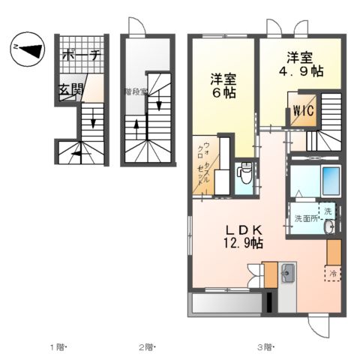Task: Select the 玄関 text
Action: pos(71,91)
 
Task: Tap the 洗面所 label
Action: pos(306,219)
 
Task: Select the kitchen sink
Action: pos(288,274)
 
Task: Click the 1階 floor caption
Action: pos(59,346)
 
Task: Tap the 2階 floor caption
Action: pos(146,346)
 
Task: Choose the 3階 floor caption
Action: pos(265,346)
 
